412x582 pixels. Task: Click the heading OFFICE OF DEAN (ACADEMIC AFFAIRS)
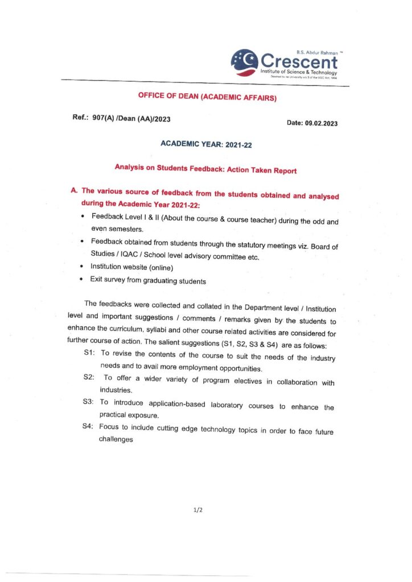[208, 97]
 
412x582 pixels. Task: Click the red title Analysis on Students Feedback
[205, 169]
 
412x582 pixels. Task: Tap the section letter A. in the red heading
[74, 191]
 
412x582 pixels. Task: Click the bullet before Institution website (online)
[83, 266]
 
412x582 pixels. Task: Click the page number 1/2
[198, 510]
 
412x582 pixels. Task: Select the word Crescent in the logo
[299, 61]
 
